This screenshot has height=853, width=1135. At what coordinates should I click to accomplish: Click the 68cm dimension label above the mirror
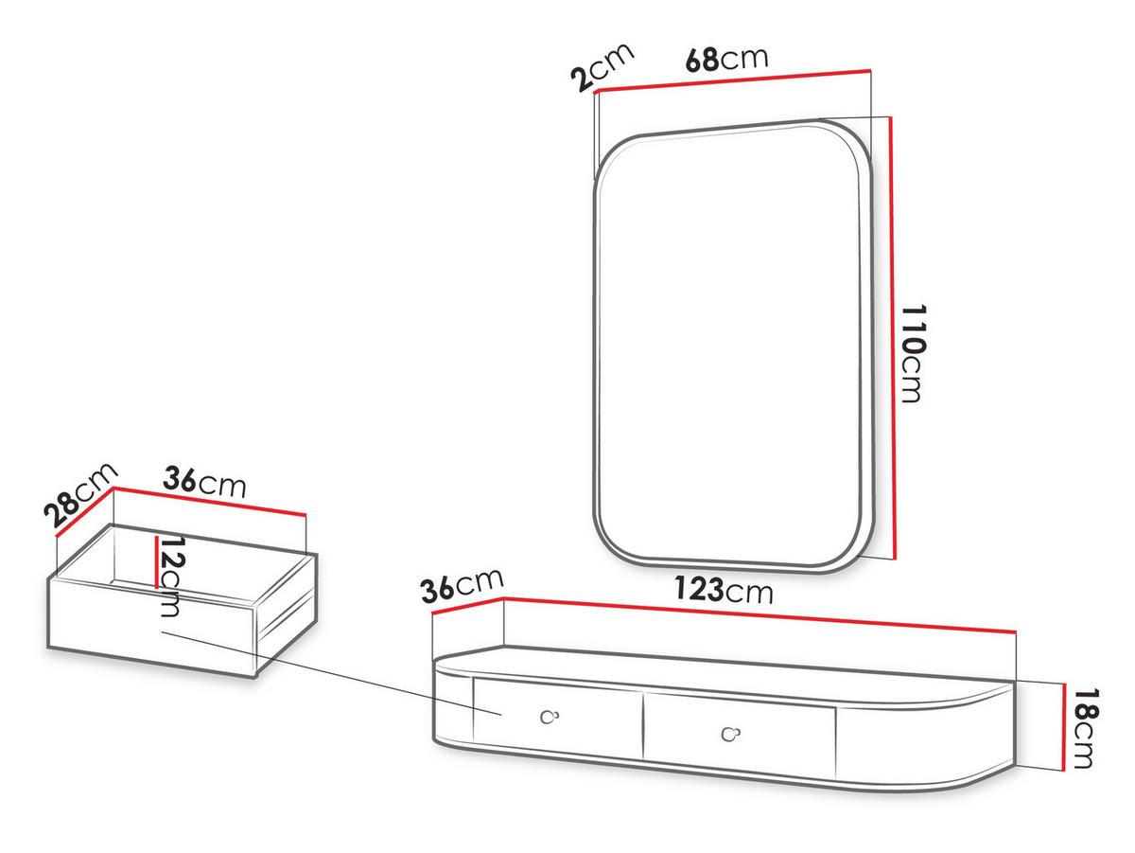[726, 60]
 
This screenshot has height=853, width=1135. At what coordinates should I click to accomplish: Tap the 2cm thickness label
[602, 67]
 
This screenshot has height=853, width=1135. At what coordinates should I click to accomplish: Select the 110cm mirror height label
[913, 353]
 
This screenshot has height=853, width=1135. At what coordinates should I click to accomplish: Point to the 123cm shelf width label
[723, 590]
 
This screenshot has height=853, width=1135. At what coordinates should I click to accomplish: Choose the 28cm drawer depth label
[80, 495]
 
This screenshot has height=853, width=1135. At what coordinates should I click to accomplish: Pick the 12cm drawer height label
[170, 577]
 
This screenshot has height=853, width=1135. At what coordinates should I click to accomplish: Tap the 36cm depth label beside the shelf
[462, 586]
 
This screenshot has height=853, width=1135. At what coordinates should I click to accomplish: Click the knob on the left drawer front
[550, 717]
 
